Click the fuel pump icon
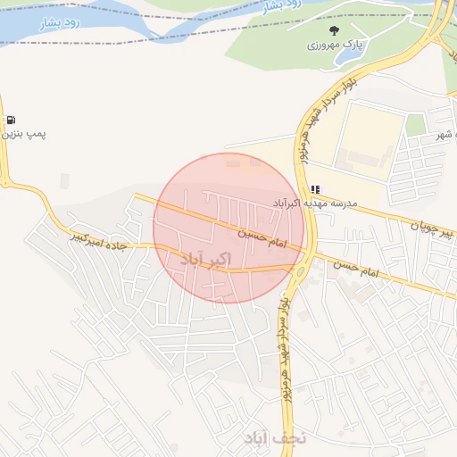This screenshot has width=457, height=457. click(11, 120)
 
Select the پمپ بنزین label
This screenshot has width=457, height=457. click(23, 133)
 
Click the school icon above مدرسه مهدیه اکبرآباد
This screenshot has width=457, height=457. click(315, 189)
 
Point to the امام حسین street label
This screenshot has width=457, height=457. click(261, 236)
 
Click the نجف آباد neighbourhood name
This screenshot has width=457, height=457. click(276, 437)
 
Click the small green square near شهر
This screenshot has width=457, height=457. click(415, 125)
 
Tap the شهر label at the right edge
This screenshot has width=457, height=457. click(441, 135)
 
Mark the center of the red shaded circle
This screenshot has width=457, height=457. click(228, 228)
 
